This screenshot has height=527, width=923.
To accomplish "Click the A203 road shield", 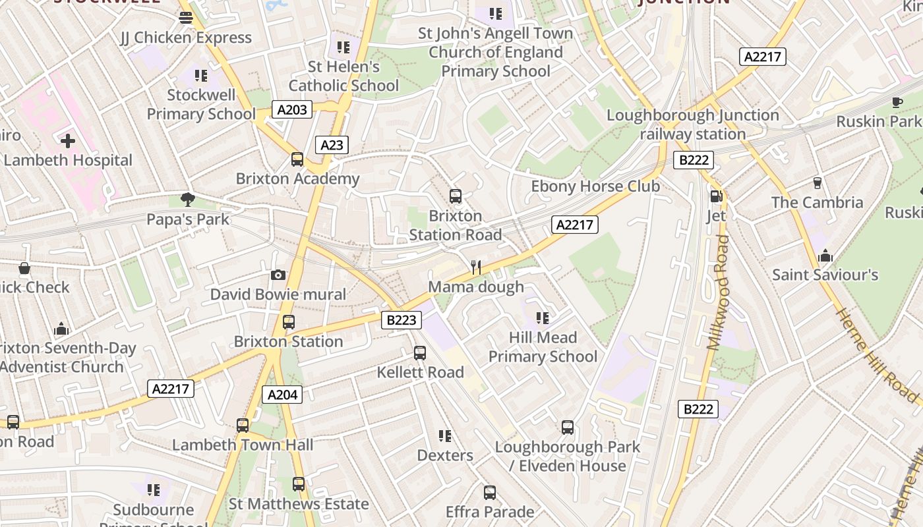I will pos(292,109).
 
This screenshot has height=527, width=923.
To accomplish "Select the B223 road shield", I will pos(402,320).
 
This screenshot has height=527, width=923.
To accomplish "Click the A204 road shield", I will pos(282,395).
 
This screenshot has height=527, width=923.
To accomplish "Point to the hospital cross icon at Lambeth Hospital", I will pos(67,140).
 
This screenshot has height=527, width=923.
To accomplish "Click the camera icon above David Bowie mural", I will pos(278,275).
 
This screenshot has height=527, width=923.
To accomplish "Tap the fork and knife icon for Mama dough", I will pos(476,267).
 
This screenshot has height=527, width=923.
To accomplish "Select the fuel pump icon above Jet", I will pos(716,196).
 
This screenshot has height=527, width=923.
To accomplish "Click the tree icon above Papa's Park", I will pos(188,199).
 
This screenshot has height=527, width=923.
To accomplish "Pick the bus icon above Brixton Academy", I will pos(297,159).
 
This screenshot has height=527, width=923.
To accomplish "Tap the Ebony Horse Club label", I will pos(595,186).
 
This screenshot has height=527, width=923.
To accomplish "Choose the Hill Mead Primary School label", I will pos(543,347).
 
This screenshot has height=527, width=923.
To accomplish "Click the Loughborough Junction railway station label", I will pos(692,125).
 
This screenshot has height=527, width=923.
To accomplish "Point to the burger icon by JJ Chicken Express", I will pos(186,18).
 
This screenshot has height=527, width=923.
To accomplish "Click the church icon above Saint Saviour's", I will pos(825,255).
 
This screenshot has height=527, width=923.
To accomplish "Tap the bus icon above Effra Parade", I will pos(489,492).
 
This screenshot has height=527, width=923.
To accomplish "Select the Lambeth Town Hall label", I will pos(243,445).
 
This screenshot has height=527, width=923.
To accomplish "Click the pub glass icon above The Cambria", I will pos(818,182).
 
